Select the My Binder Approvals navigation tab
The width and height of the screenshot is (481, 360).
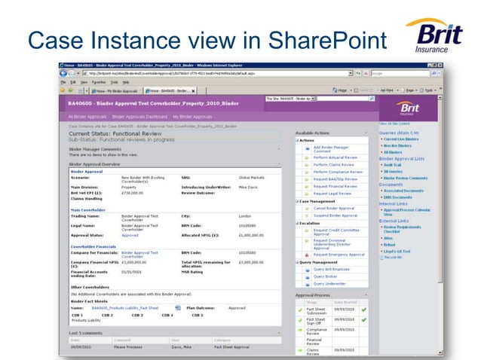click(193, 117)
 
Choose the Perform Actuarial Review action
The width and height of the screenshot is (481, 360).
click(335, 157)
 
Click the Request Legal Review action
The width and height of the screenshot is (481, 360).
click(332, 193)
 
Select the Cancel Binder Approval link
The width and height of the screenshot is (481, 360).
click(333, 208)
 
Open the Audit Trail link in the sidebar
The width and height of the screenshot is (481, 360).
click(394, 164)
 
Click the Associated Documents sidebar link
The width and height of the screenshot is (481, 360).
click(405, 191)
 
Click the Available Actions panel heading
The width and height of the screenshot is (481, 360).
click(311, 133)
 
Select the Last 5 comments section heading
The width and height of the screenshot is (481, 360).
click(86, 332)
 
